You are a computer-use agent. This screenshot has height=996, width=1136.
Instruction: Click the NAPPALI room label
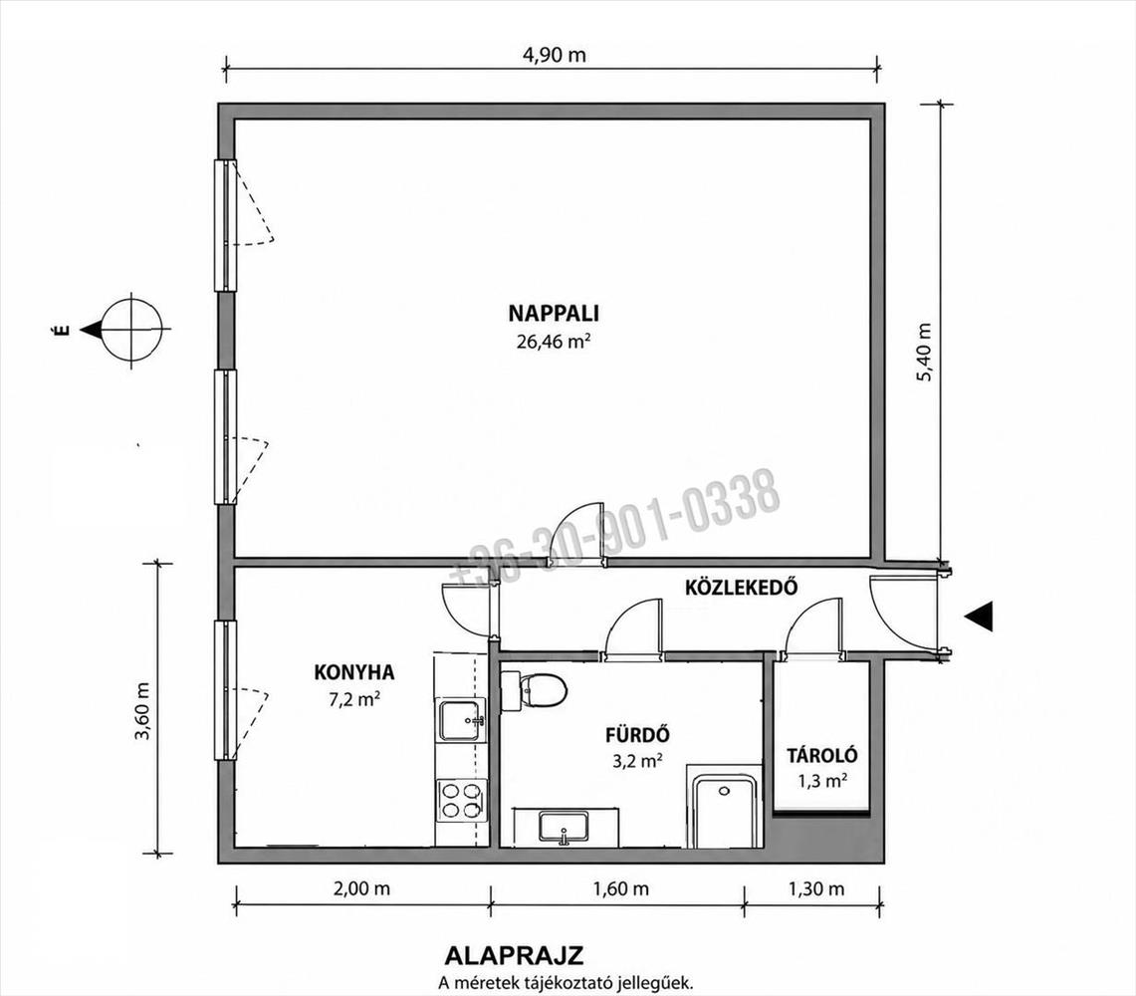coord(554,313)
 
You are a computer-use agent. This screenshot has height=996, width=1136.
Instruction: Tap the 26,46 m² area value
coord(552,341)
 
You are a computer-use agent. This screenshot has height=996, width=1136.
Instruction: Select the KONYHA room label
coord(354,672)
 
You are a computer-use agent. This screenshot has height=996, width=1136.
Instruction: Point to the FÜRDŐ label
coord(637,735)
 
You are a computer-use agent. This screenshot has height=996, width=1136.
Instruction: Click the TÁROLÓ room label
coord(822,755)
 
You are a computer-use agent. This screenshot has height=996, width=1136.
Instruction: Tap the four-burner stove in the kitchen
coord(462,800)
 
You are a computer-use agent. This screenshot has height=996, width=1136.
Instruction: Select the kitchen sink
coord(461,721)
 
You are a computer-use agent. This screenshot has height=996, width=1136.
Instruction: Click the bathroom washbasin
coord(564,827)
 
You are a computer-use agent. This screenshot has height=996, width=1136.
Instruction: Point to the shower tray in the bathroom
coord(723,811)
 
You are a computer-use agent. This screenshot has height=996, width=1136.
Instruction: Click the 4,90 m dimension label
coord(555,55)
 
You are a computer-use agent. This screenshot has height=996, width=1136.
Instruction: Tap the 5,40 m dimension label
coord(925,353)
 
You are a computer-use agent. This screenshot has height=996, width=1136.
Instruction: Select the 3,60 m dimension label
coord(142,710)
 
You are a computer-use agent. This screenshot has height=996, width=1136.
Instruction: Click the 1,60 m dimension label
coord(621,888)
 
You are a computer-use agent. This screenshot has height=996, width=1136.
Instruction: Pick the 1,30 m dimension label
coord(816,888)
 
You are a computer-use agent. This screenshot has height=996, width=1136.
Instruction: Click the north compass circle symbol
coord(131,330)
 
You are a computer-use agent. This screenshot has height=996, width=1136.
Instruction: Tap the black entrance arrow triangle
coord(978,617)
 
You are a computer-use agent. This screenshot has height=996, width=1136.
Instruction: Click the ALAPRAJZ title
coord(514,955)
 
